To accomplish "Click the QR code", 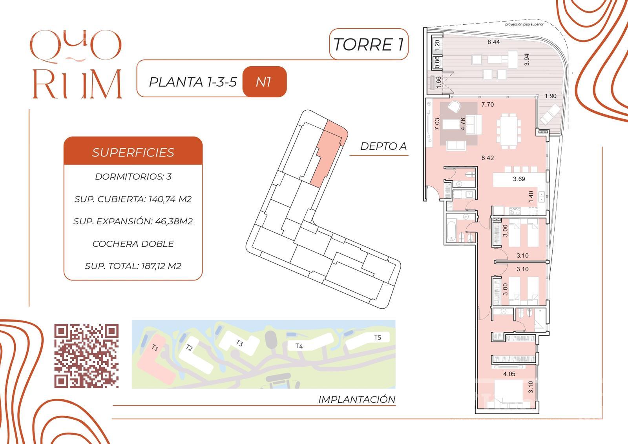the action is (x=86, y=356).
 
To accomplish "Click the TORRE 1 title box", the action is (x=369, y=44).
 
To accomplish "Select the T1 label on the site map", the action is (x=155, y=348).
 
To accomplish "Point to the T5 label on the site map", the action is (x=378, y=337).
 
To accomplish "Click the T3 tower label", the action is (x=239, y=343).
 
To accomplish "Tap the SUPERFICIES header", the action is (x=133, y=153).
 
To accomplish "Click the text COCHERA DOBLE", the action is (x=133, y=244).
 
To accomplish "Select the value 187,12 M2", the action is (x=161, y=266).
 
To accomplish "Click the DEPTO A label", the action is (x=383, y=146).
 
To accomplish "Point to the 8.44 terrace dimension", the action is (x=493, y=42).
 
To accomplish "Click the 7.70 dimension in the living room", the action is (x=487, y=104).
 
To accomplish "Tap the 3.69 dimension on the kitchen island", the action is (x=519, y=179).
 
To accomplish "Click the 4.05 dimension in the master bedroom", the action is (x=509, y=374).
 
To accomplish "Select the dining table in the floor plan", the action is (x=509, y=131).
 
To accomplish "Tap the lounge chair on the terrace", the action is (x=550, y=114).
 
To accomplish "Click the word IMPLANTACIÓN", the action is (x=357, y=399).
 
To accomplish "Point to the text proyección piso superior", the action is (x=524, y=24).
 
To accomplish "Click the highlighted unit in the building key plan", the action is (x=329, y=154).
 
